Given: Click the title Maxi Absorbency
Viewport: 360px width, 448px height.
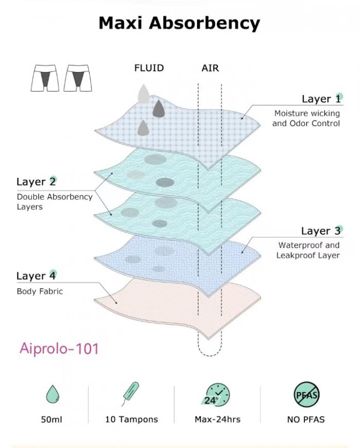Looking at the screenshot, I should [179, 23].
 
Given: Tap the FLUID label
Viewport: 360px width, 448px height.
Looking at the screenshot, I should [149, 68].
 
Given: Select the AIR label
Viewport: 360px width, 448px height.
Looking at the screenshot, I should [210, 68].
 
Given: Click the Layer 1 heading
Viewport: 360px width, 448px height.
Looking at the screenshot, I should [321, 99].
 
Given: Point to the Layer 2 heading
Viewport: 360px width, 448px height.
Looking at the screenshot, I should [36, 182].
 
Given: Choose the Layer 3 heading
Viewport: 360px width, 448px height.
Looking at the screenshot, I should [320, 231].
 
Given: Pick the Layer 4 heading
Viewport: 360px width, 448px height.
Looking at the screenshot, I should [36, 276].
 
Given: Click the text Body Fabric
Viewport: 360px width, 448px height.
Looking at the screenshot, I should [40, 291].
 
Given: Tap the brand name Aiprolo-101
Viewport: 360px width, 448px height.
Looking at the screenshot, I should [59, 348].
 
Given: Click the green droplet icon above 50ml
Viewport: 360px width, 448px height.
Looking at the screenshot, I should [51, 395].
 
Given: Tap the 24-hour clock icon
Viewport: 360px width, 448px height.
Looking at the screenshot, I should [217, 395].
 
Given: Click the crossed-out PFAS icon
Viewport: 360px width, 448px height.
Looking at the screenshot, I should [306, 395].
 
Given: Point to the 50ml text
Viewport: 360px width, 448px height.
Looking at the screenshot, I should [51, 419].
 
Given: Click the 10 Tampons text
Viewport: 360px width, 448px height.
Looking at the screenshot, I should [131, 419].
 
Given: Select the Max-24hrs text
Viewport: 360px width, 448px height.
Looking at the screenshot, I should [217, 419].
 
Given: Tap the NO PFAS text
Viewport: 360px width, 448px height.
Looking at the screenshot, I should [306, 419].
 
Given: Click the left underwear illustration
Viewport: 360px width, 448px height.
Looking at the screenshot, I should [44, 78].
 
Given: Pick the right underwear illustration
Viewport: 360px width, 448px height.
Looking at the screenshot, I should [77, 78].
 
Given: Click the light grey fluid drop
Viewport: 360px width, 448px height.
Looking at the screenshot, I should [143, 93].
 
